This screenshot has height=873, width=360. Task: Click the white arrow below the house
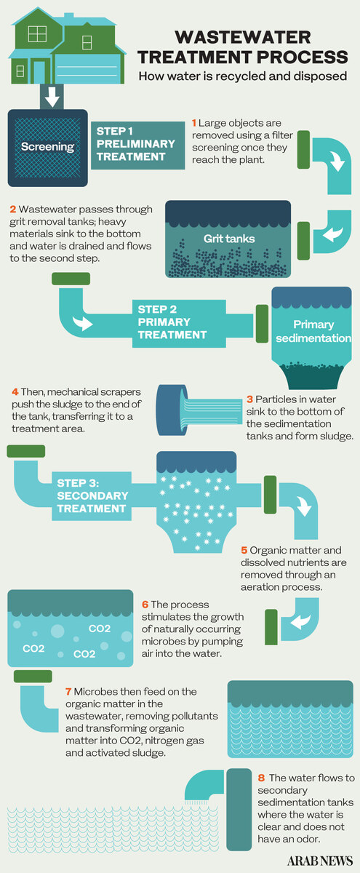tap(52, 97)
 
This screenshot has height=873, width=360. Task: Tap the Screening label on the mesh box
tap(47, 146)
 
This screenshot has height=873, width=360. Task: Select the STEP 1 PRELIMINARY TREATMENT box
tap(138, 145)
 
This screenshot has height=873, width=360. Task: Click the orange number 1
tap(193, 123)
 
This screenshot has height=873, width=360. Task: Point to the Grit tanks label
tap(229, 239)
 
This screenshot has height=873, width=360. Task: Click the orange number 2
tap(13, 210)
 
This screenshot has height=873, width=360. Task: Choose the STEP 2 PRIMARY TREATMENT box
tap(179, 323)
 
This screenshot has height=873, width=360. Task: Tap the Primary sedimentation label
tap(313, 331)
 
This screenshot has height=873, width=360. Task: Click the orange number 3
tap(249, 399)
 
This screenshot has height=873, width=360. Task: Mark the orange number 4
tap(15, 392)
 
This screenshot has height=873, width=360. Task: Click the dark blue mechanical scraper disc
tap(171, 410)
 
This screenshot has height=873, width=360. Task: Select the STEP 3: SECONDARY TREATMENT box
tap(92, 495)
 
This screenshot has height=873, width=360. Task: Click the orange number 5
tap(244, 550)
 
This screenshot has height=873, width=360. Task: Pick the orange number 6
tap(145, 605)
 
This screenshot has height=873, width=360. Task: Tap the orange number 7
tap(68, 692)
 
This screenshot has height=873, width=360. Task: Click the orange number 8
tap(261, 778)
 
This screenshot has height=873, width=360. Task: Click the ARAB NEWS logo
tap(320, 860)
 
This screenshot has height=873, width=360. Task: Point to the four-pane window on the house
tap(37, 34)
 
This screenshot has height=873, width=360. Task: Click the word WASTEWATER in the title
tap(243, 37)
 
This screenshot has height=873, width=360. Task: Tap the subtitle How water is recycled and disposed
tap(243, 76)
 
